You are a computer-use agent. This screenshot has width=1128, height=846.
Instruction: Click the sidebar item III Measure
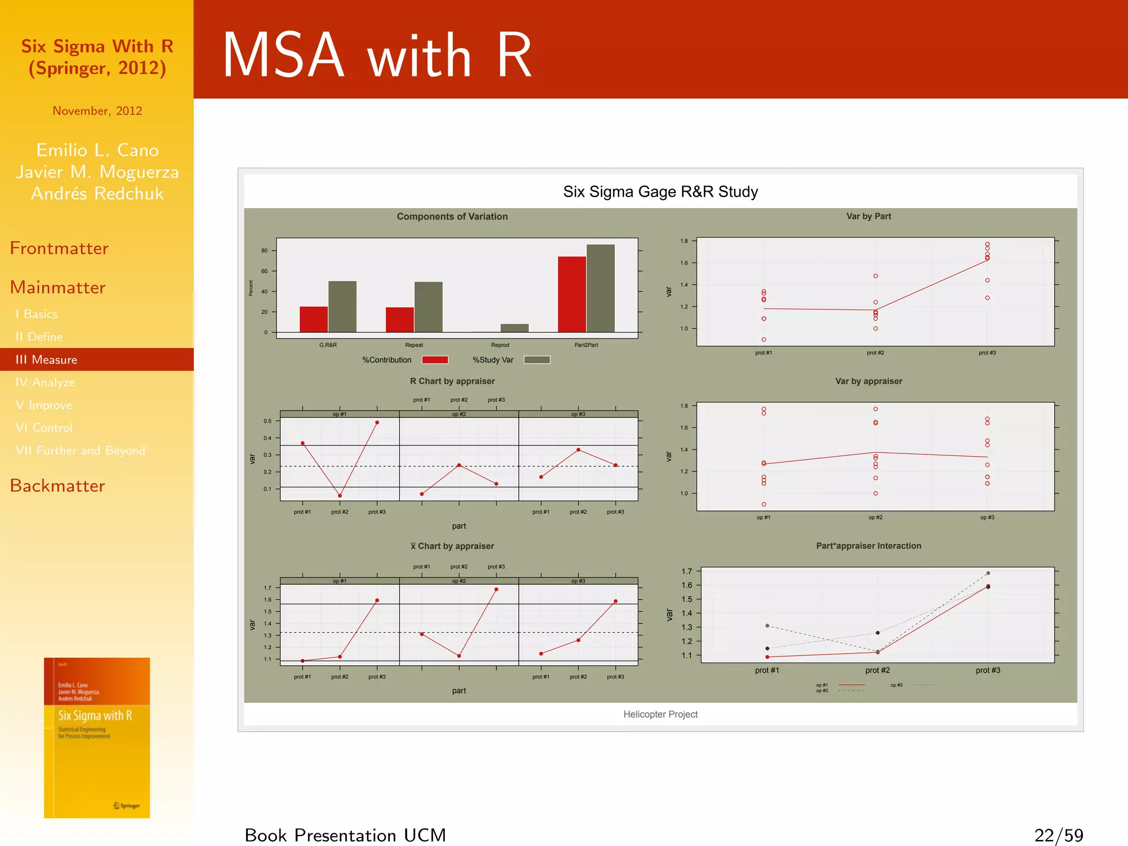[47, 360]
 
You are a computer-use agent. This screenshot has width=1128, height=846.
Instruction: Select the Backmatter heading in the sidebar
[57, 486]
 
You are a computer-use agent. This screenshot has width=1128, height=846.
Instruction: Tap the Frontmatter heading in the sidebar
[59, 248]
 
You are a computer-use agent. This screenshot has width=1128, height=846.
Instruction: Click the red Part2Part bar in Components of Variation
[572, 294]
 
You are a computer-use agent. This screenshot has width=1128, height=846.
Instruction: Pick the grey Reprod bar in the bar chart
[514, 328]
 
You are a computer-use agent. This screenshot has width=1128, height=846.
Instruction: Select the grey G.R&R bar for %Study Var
[342, 306]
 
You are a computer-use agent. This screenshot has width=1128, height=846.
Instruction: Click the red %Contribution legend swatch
[435, 360]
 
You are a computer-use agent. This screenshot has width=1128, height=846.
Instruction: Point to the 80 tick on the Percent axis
[264, 251]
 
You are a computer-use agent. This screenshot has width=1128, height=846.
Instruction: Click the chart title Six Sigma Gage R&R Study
[660, 192]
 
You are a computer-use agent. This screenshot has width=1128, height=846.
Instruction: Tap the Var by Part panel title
[868, 216]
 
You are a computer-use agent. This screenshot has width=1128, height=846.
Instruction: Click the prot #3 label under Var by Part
[987, 352]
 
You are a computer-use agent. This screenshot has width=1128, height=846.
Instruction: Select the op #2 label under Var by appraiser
[875, 517]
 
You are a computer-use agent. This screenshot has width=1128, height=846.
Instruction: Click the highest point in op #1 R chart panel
[377, 422]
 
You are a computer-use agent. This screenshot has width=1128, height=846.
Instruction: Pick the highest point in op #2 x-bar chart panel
[496, 589]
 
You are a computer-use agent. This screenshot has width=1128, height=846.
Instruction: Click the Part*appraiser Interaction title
[868, 546]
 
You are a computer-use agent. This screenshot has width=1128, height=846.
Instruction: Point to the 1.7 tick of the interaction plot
[687, 571]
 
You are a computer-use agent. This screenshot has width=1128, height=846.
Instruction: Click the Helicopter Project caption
[660, 714]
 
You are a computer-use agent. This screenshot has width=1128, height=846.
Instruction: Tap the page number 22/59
[1058, 835]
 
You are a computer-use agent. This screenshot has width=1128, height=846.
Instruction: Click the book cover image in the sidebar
[97, 737]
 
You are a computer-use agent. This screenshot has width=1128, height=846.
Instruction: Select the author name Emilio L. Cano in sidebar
[97, 150]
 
